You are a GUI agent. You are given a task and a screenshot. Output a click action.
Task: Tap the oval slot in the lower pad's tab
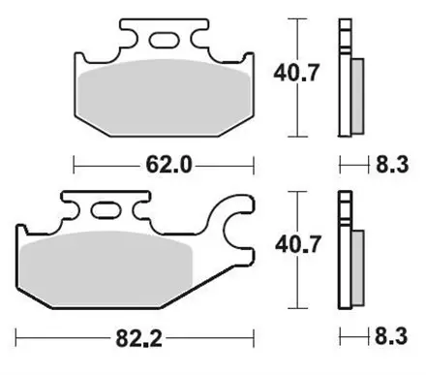point(105,208)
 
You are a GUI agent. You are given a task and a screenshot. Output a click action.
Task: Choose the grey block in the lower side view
point(355,269)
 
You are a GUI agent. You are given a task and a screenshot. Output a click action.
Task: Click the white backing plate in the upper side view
point(344,78)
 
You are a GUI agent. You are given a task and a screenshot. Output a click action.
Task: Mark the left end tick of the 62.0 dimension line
point(74,166)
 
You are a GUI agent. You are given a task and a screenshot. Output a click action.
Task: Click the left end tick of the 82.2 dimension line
point(16,340)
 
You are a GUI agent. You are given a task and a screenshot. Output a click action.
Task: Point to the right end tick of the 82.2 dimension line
point(253,340)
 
